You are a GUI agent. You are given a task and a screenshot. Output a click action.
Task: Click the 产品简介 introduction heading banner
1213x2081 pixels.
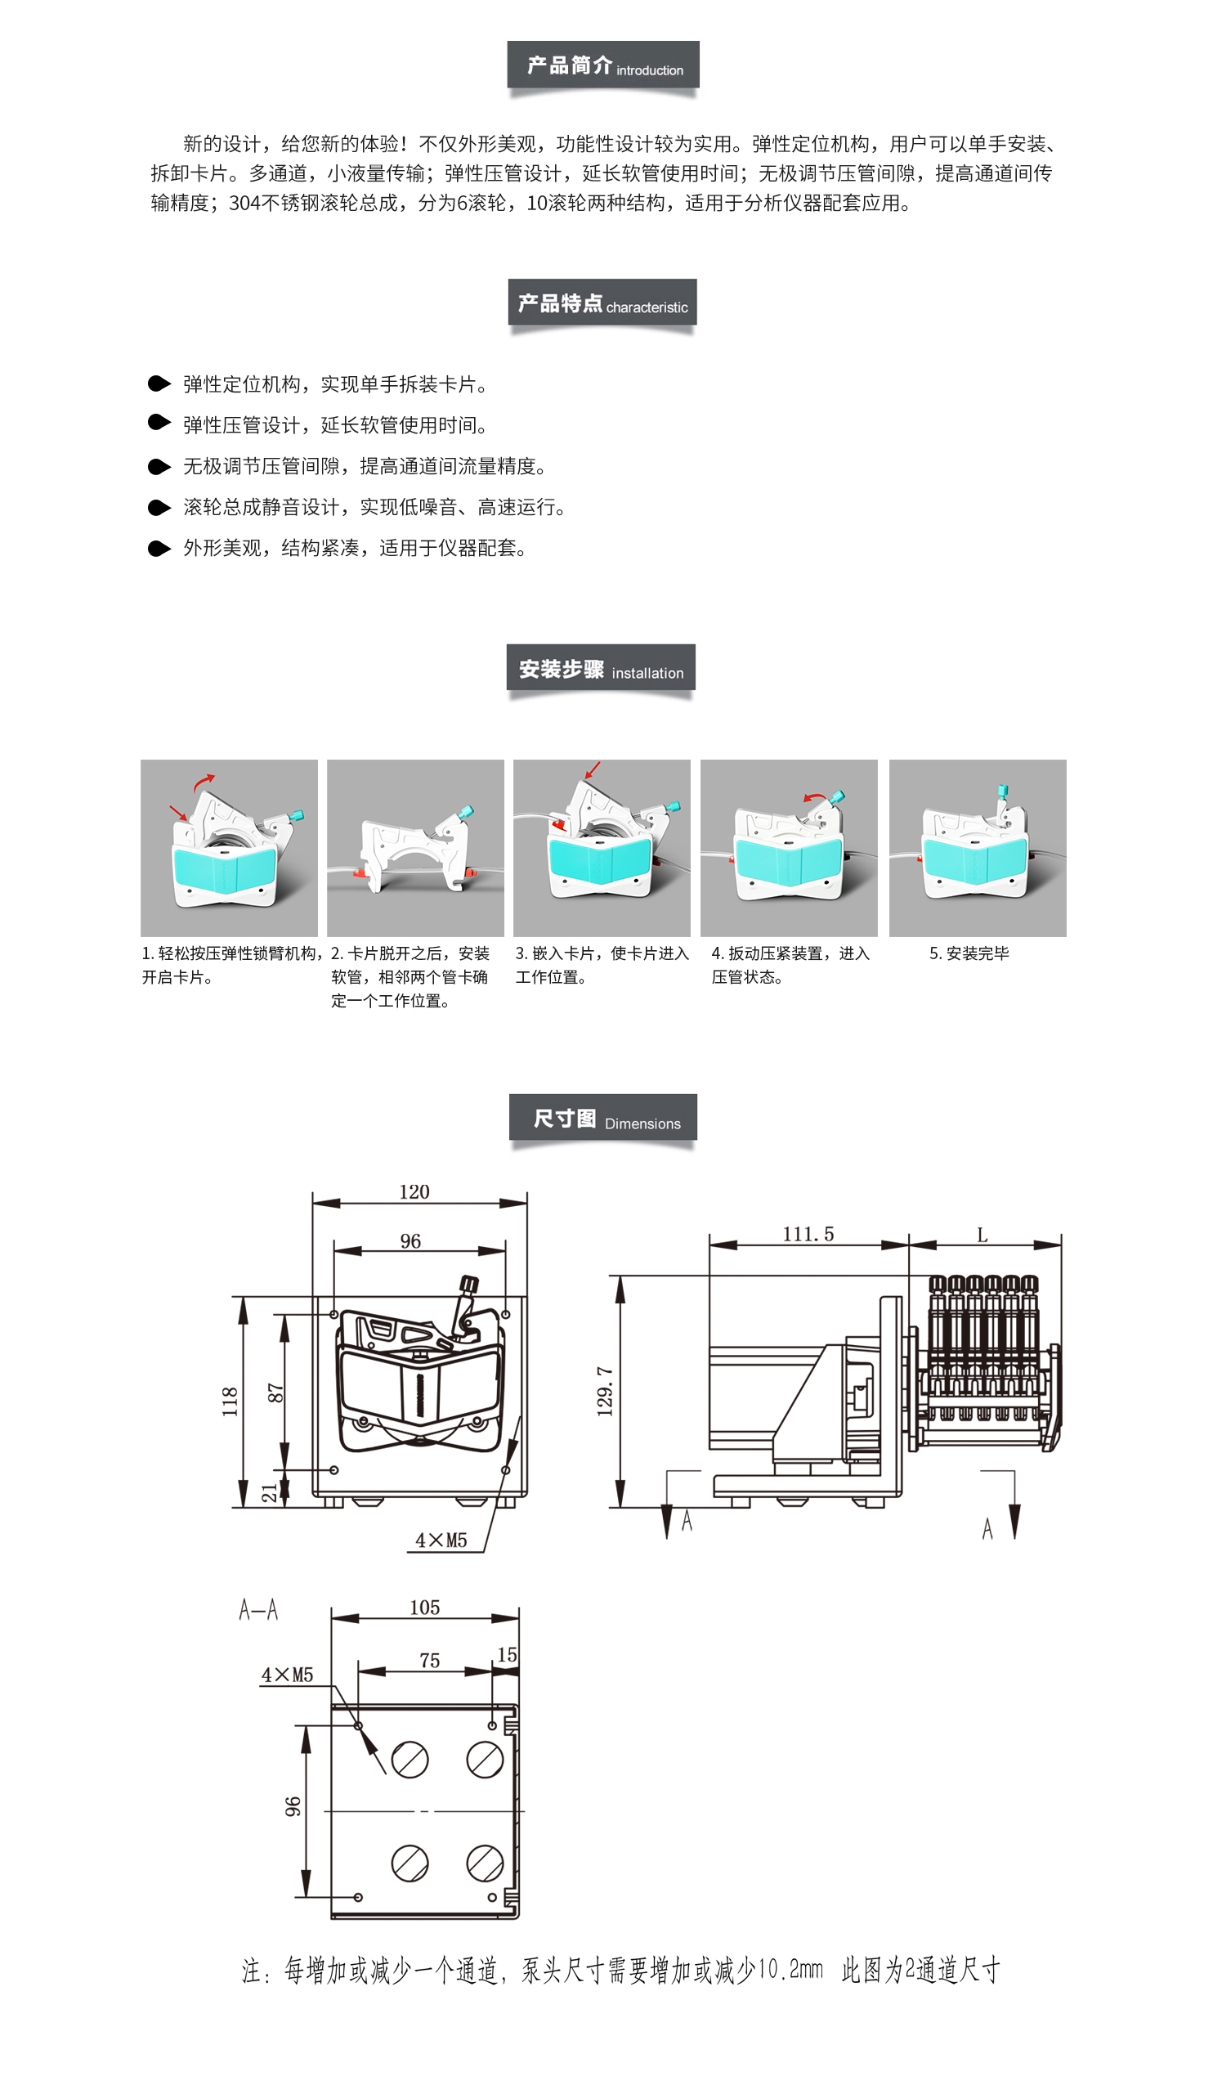(x=602, y=65)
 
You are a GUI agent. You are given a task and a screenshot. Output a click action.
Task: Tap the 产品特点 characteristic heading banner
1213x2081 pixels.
(x=602, y=303)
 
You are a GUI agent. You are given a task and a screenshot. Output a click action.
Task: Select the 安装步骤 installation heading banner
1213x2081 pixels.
(x=601, y=667)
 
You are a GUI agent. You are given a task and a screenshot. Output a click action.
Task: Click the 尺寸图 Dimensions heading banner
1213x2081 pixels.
(x=602, y=1117)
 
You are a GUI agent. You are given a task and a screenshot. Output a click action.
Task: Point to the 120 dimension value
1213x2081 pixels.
(x=414, y=1191)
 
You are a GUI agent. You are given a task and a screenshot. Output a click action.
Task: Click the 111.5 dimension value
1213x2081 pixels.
(x=808, y=1234)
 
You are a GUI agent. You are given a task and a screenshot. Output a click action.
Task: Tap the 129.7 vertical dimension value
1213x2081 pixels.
(x=605, y=1392)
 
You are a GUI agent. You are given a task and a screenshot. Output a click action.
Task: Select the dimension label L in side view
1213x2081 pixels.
(x=982, y=1235)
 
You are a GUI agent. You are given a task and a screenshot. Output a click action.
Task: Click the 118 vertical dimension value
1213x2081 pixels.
(x=230, y=1402)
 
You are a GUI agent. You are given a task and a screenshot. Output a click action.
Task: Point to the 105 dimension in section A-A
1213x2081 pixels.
(x=424, y=1608)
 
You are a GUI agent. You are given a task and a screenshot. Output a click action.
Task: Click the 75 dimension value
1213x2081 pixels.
(x=429, y=1661)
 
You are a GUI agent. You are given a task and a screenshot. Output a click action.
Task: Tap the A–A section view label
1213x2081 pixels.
(x=258, y=1609)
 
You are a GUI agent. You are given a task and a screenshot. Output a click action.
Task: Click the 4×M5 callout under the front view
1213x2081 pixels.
(x=441, y=1541)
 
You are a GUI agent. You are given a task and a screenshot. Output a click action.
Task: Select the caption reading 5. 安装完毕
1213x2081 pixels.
(x=969, y=953)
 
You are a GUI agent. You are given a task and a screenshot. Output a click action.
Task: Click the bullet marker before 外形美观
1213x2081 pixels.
(x=159, y=549)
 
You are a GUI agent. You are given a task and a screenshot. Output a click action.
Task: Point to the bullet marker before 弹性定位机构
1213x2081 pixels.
(x=159, y=383)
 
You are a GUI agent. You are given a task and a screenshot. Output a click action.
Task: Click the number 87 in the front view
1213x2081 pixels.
(x=275, y=1393)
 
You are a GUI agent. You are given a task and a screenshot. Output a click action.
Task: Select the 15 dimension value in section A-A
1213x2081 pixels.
(x=507, y=1655)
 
